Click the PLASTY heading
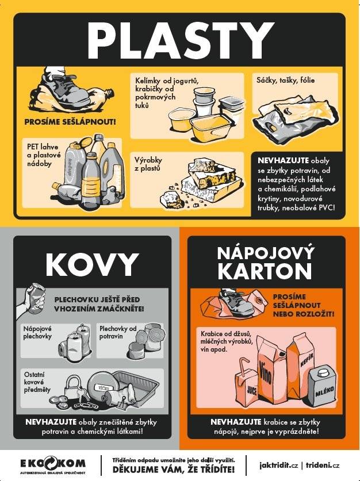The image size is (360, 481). point(181,39)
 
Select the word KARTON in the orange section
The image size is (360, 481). point(265,272)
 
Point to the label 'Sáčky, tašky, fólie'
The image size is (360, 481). point(286,80)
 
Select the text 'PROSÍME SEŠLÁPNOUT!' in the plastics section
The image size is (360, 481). point(70,122)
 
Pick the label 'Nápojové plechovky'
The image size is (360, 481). point(38,333)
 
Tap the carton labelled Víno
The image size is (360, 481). point(266,367)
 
